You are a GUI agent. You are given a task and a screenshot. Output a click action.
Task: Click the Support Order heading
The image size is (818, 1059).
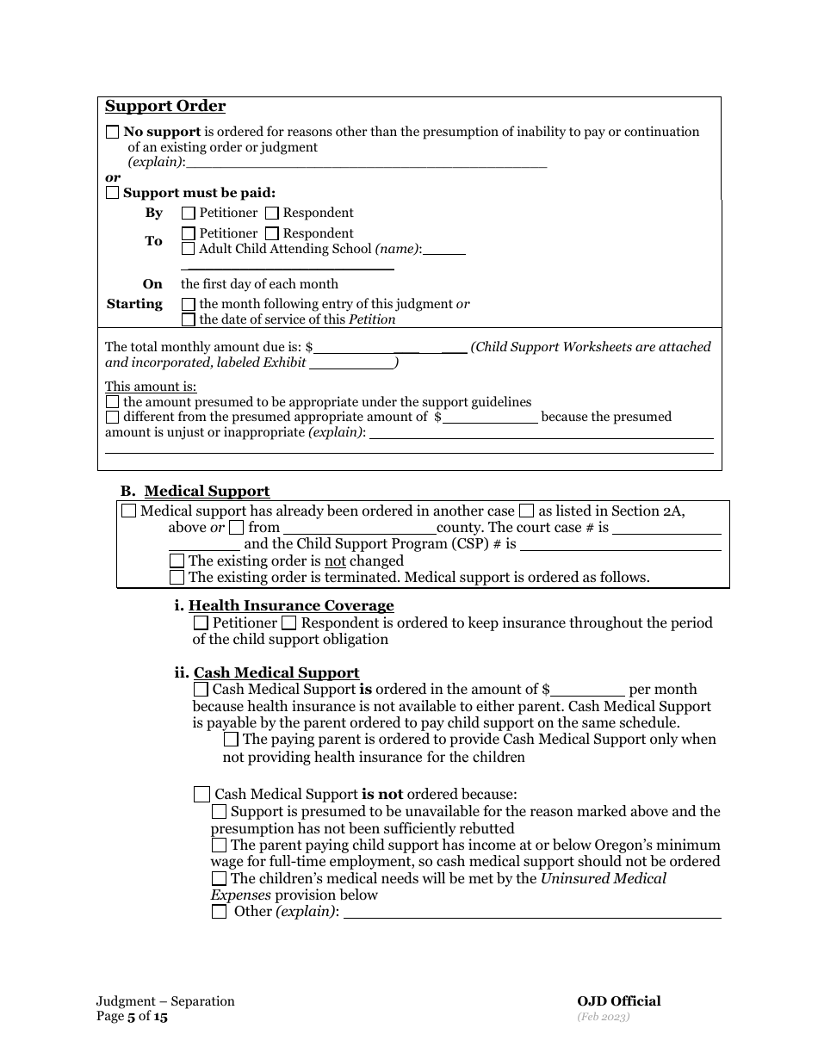(x=165, y=107)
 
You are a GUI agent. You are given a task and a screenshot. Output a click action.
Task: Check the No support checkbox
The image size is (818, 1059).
(x=113, y=133)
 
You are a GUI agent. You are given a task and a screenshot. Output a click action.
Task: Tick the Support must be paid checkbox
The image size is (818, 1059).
(x=113, y=194)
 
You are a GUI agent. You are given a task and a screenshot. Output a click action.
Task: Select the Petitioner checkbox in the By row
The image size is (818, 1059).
(x=189, y=213)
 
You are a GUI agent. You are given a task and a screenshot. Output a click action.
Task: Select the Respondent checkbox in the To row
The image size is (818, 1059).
(x=272, y=233)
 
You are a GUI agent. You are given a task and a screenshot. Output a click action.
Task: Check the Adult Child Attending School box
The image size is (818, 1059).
(x=189, y=250)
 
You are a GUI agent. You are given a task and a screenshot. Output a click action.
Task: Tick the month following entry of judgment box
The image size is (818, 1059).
(x=189, y=304)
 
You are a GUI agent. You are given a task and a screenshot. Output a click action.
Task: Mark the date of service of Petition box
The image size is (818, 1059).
(x=189, y=319)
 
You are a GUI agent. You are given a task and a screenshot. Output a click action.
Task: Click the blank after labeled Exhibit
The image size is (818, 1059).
(x=351, y=363)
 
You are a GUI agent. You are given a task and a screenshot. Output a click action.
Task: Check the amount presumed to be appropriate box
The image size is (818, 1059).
(x=113, y=402)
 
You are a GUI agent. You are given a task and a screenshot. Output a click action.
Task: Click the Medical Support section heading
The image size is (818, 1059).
(x=207, y=492)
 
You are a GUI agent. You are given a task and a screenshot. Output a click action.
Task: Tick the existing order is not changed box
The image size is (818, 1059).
(x=177, y=561)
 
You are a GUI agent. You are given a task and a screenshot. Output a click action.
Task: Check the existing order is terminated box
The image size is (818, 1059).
(x=177, y=578)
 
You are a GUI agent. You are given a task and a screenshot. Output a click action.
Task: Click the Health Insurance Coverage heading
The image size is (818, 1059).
(x=291, y=606)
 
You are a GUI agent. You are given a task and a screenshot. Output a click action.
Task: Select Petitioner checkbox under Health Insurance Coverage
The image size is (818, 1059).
(x=201, y=622)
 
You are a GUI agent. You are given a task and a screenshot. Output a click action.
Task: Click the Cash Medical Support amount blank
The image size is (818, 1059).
(x=587, y=690)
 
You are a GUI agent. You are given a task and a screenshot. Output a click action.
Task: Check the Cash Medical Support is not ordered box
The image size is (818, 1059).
(x=201, y=795)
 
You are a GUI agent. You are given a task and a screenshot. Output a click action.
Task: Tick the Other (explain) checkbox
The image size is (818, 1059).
(x=220, y=912)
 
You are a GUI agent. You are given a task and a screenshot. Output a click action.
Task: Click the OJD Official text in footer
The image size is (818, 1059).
(x=619, y=1001)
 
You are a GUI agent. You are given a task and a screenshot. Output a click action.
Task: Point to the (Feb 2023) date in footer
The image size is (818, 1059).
(x=604, y=1017)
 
